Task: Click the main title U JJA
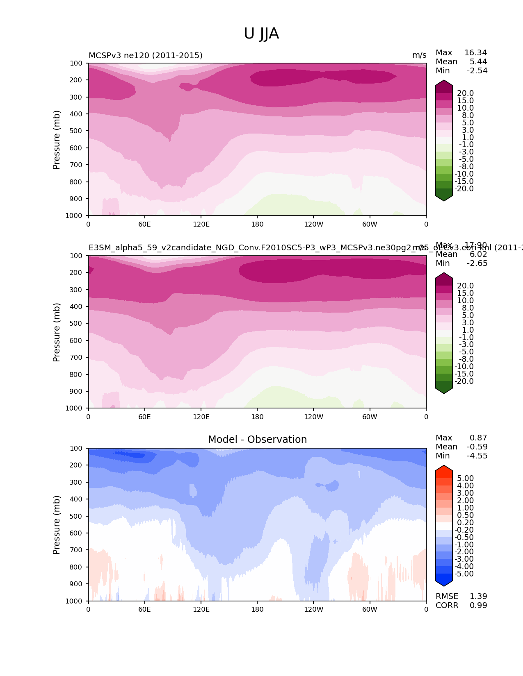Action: tap(261, 34)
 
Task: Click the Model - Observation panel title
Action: tap(257, 440)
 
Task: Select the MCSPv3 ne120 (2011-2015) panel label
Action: tap(146, 55)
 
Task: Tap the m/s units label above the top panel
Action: tap(419, 55)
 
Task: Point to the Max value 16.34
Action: tap(475, 53)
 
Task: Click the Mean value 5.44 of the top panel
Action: tap(478, 62)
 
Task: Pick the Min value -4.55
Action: tap(477, 456)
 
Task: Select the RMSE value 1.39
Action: tap(478, 597)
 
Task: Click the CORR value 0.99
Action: tap(478, 606)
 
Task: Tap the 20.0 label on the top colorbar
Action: tap(465, 93)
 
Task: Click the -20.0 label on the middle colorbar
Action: tap(464, 381)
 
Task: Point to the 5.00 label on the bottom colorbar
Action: tap(465, 479)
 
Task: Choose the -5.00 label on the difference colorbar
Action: tap(464, 574)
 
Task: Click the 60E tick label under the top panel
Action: tap(144, 224)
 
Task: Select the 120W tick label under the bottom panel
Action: tap(313, 610)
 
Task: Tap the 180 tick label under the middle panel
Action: tap(257, 417)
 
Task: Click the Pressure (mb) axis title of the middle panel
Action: tap(57, 332)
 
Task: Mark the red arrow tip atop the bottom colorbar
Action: tap(444, 466)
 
